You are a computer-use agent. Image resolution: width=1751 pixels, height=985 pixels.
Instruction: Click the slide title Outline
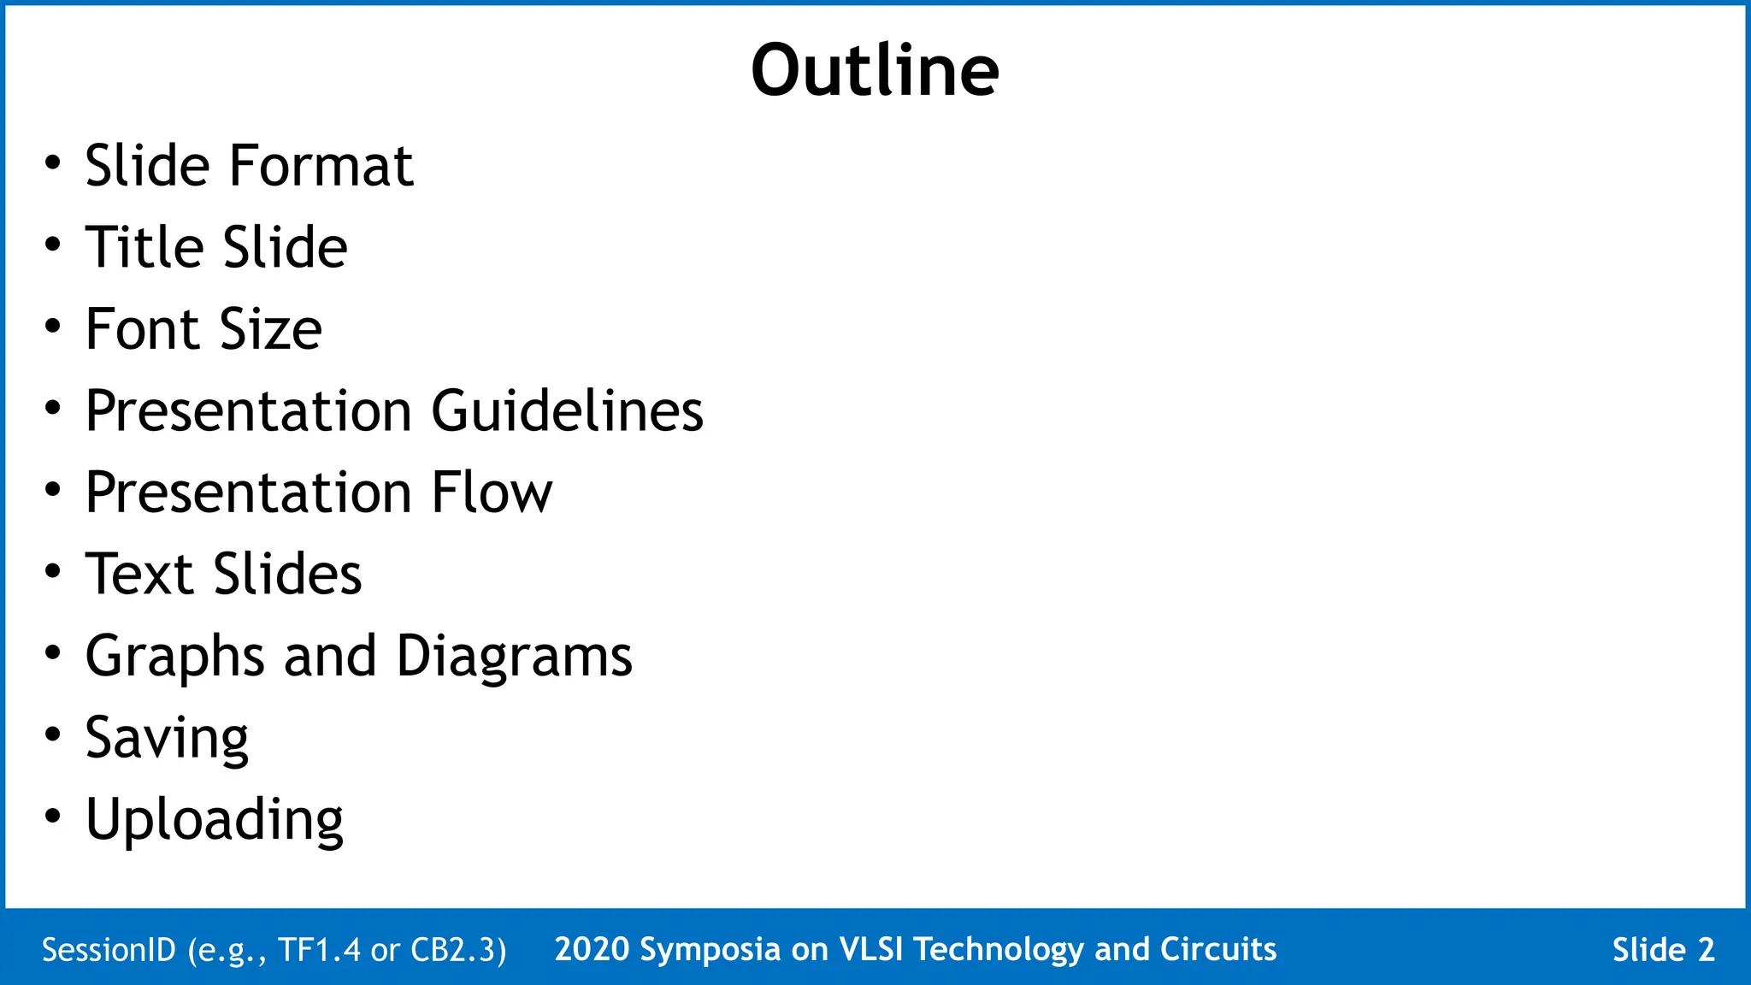pyautogui.click(x=875, y=70)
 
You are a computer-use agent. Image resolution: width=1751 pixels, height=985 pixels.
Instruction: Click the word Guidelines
pyautogui.click(x=567, y=411)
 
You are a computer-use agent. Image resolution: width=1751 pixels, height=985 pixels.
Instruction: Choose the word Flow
pyautogui.click(x=492, y=492)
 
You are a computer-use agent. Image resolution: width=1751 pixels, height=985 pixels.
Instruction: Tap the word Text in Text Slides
pyautogui.click(x=139, y=574)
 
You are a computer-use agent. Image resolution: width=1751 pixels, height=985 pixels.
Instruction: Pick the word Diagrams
pyautogui.click(x=514, y=658)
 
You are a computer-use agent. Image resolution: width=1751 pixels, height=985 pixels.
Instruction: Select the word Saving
pyautogui.click(x=167, y=738)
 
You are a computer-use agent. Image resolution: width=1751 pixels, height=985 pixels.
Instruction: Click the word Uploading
pyautogui.click(x=214, y=820)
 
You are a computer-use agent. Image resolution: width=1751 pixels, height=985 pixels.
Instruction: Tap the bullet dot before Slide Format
pyautogui.click(x=53, y=162)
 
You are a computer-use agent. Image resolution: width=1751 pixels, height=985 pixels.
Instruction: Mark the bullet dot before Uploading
pyautogui.click(x=53, y=817)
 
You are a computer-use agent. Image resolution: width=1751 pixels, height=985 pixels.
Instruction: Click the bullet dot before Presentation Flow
pyautogui.click(x=53, y=490)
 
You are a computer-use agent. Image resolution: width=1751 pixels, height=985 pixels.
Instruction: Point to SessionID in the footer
pyautogui.click(x=109, y=950)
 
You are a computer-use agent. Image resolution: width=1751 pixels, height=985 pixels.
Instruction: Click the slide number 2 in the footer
pyautogui.click(x=1706, y=950)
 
